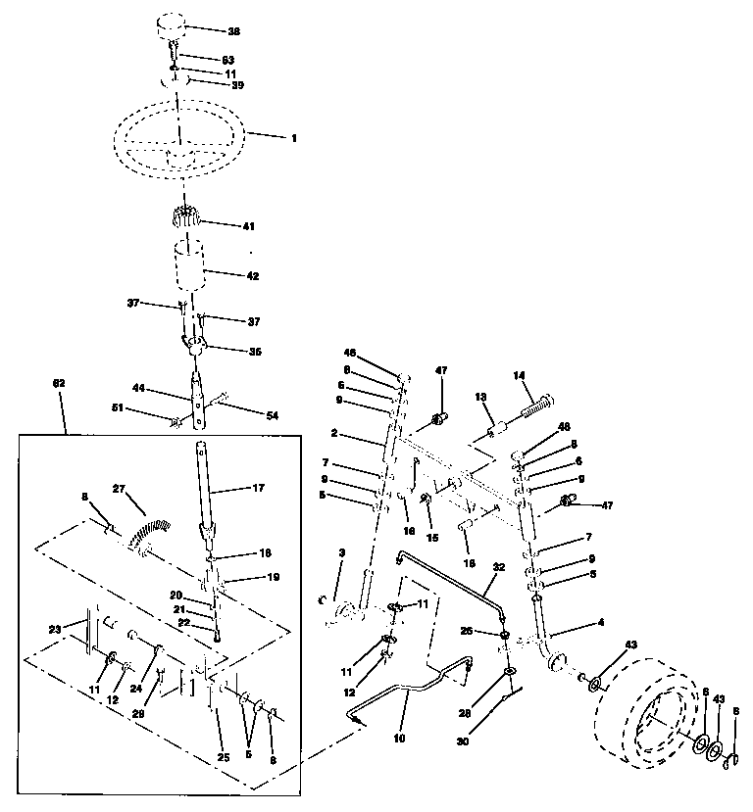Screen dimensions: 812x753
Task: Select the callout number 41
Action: pos(247,226)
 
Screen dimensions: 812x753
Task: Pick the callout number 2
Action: pos(333,432)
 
